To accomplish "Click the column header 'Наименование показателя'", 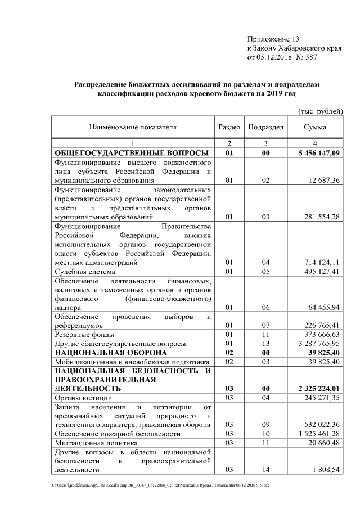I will tap(133, 127).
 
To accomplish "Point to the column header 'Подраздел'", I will tap(265, 127).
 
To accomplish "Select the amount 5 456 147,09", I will tap(318, 153).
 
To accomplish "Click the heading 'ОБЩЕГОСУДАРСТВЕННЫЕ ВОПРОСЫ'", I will tap(132, 153).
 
